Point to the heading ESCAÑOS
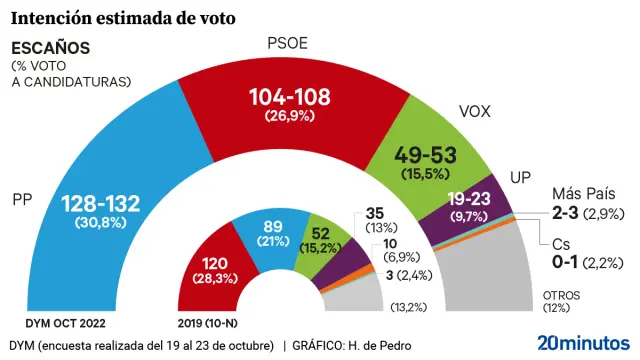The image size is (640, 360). (x=50, y=48)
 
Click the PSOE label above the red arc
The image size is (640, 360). (x=288, y=43)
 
